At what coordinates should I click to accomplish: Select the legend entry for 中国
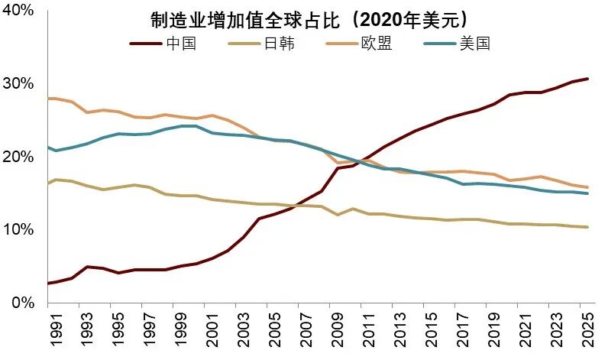coord(181,44)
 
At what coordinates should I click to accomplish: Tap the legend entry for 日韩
coord(278,44)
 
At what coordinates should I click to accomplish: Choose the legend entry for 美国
coord(474,44)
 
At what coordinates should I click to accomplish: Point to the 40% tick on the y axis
coord(18,11)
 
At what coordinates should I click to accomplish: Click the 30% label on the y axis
coord(18,83)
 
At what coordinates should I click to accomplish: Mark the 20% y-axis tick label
coord(18,157)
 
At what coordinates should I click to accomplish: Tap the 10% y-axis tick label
coord(18,230)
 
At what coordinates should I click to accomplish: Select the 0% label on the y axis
coord(22,303)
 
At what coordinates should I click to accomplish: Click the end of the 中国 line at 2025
coord(587,79)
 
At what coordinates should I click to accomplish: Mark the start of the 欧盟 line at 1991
coord(48,99)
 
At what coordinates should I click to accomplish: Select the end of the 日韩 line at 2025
coord(587,227)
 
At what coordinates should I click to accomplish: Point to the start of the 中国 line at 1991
coord(48,284)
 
